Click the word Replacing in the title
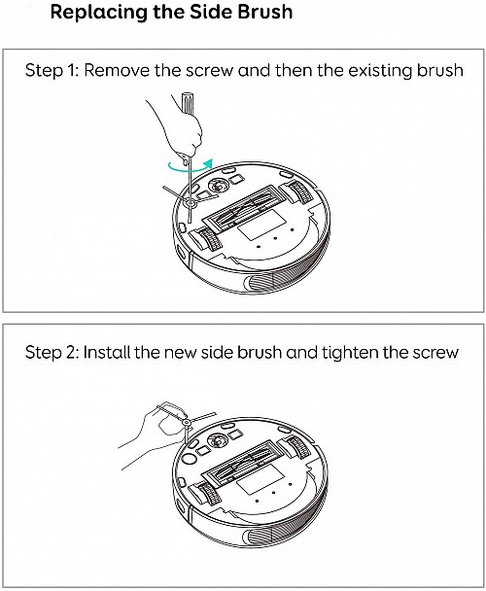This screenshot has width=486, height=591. (x=96, y=16)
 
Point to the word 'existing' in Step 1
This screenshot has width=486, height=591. (x=378, y=72)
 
